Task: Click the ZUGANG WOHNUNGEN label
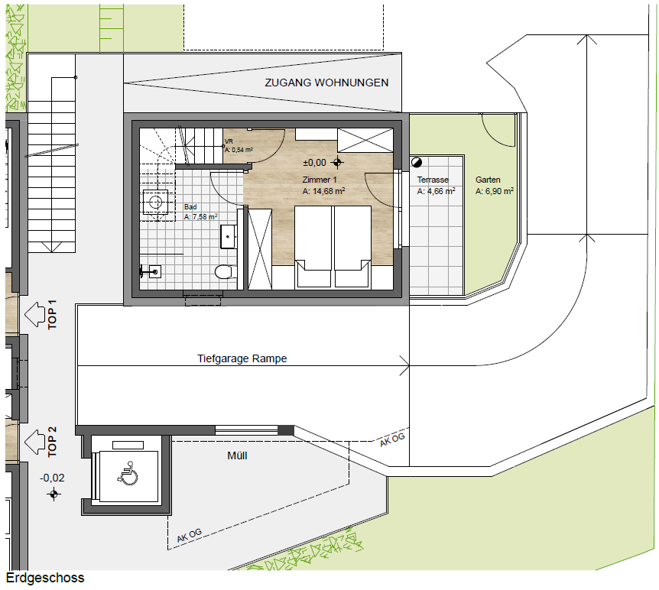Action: pos(326,83)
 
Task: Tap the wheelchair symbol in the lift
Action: pos(128,474)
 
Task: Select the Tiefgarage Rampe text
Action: pos(242,358)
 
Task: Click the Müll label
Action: pos(237,455)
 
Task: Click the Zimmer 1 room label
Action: pos(320,180)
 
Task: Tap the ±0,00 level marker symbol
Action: pos(337,162)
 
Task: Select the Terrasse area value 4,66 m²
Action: pos(436,191)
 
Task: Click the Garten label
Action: pos(488,180)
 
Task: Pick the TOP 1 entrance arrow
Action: pos(35,314)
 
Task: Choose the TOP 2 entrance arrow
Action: pos(35,442)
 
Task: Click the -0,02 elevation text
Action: pos(52,478)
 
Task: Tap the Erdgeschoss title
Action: pos(45,578)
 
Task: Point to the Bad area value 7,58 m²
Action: pos(201,217)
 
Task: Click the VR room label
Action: pos(229,141)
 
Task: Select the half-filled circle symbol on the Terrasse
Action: pos(417,162)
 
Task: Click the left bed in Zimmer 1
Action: pos(313,246)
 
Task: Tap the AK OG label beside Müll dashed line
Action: pos(189,536)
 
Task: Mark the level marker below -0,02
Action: pos(54,494)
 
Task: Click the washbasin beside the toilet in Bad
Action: pos(229,236)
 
